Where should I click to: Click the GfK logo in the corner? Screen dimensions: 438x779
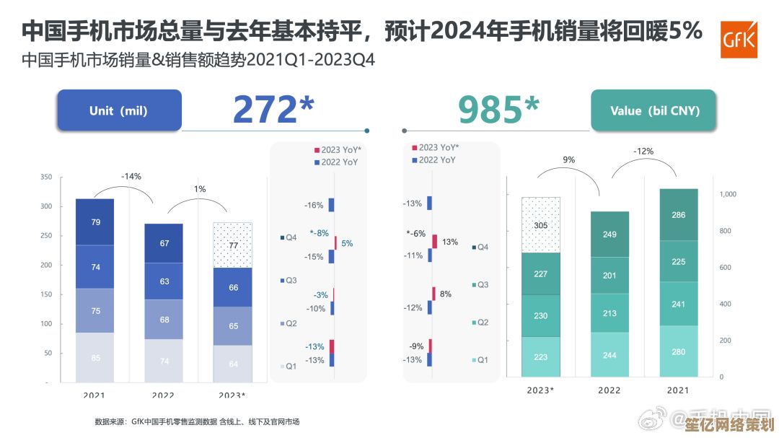(739, 39)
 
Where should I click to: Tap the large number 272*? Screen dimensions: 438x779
(273, 110)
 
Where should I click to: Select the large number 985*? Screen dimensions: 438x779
(499, 110)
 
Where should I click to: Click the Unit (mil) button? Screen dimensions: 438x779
(119, 110)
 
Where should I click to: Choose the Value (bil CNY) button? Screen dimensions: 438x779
(653, 110)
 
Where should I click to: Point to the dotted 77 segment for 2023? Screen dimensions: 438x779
(233, 245)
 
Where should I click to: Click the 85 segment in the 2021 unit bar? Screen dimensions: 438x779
(95, 357)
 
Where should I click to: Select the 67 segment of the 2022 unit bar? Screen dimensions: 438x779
(164, 243)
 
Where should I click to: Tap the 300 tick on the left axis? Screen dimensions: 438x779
(46, 206)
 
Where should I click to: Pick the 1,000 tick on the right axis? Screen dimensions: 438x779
(727, 194)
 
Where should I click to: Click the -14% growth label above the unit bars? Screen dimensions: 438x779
(131, 176)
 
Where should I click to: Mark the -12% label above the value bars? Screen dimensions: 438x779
(643, 152)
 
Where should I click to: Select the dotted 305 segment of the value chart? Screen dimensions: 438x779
(541, 225)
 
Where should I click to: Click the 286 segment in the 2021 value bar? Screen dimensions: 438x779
(678, 215)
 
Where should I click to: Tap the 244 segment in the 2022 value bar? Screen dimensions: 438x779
(609, 355)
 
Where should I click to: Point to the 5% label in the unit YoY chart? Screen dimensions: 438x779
(347, 244)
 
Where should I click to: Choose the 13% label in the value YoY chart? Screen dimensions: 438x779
(450, 242)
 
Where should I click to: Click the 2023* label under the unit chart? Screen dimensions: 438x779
(232, 395)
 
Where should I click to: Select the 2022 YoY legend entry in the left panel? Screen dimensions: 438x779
(336, 162)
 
